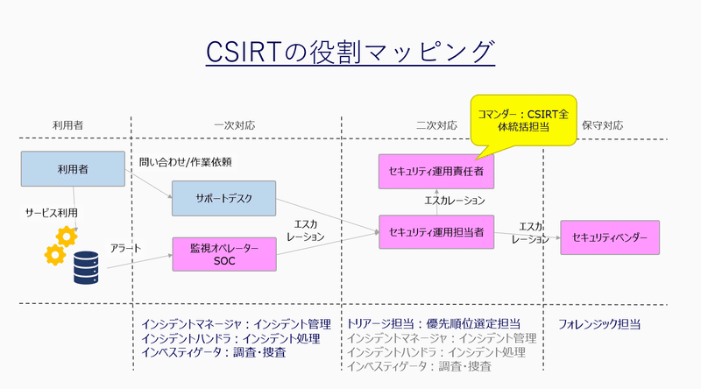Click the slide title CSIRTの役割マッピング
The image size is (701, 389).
[350, 52]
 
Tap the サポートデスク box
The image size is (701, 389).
[223, 198]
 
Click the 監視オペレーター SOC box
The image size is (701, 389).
[223, 254]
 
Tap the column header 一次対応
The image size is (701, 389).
[234, 125]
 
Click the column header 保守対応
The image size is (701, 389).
[602, 125]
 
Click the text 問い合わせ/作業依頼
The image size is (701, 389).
[185, 162]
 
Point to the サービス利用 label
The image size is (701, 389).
[51, 213]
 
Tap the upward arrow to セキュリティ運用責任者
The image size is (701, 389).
[435, 202]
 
